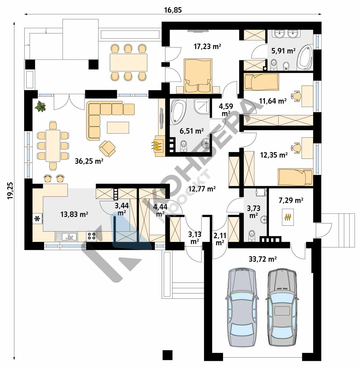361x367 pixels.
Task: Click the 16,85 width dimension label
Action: (x=173, y=10)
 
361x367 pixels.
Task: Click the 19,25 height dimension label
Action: (x=10, y=191)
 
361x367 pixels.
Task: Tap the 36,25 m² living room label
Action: (x=89, y=161)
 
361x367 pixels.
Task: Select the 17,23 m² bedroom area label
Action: (x=207, y=46)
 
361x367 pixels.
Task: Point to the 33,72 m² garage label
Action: (x=263, y=259)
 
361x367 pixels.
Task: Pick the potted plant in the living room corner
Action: (x=40, y=106)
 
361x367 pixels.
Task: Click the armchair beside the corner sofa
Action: (x=107, y=148)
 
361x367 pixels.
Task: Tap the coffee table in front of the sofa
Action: (x=118, y=127)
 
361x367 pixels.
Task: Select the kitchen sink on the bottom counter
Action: (x=66, y=237)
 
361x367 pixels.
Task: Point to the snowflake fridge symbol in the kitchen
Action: (x=37, y=219)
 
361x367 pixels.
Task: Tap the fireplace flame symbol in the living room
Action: (x=157, y=145)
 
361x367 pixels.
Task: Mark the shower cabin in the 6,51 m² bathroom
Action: (x=202, y=106)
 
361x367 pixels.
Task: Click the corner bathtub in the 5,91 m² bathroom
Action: (x=305, y=57)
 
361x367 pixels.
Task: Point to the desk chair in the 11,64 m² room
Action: (x=296, y=96)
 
